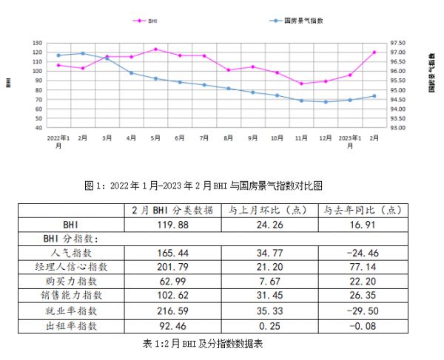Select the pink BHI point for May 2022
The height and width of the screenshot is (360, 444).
pos(155,50)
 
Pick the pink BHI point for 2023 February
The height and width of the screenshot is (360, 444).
pos(374,52)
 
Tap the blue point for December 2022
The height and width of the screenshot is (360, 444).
pos(326,102)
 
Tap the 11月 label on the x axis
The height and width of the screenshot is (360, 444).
pos(301,138)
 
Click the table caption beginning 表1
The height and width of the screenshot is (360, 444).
pos(203,344)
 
